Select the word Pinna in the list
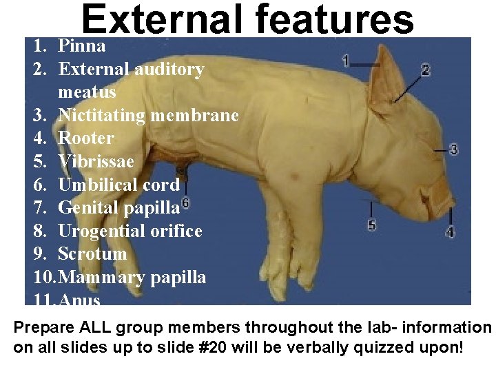[82, 46]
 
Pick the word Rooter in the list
[86, 138]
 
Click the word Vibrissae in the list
[96, 161]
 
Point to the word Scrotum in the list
[92, 254]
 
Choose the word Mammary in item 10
[102, 277]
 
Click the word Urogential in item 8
[102, 231]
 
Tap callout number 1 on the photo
[345, 61]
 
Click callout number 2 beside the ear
[425, 70]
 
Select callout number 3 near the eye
[453, 149]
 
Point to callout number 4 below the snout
[450, 232]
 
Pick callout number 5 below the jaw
[372, 225]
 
